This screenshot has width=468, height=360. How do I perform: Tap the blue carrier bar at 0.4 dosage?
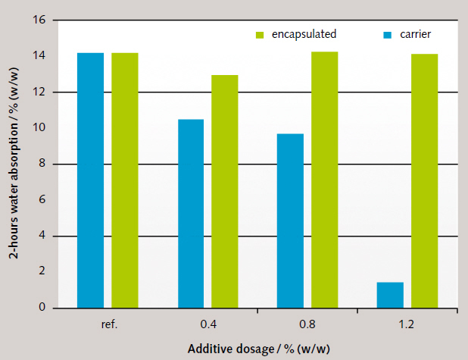click(x=191, y=214)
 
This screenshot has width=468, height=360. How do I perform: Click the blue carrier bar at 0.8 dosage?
click(x=290, y=221)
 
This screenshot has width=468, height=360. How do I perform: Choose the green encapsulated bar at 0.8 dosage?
click(x=324, y=180)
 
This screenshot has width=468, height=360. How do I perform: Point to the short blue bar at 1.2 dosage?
click(x=390, y=295)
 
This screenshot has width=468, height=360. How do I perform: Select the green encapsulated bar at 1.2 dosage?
click(x=424, y=181)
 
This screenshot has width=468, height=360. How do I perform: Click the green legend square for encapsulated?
click(x=259, y=35)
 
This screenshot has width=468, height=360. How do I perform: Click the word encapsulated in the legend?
click(x=304, y=34)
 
